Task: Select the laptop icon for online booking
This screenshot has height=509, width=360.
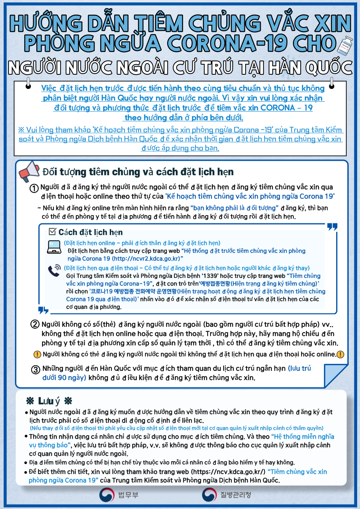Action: (x=54, y=247)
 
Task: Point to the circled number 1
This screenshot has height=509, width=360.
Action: (x=35, y=189)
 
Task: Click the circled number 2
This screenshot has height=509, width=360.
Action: (x=35, y=325)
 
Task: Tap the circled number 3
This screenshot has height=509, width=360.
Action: (x=36, y=370)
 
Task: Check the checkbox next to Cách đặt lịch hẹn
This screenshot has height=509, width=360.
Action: (x=52, y=231)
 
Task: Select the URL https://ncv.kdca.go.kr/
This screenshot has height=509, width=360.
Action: (x=228, y=472)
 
